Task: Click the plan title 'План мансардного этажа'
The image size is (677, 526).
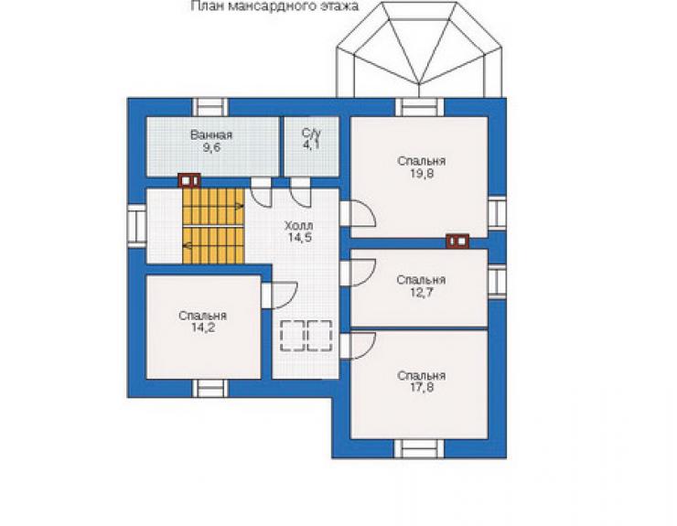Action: [x=274, y=6]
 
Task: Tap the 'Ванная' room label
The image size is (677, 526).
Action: [x=211, y=135]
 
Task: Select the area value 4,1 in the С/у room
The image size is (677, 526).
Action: [x=311, y=145]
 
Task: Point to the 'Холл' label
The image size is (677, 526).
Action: [x=299, y=225]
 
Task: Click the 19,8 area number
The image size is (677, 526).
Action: [x=422, y=174]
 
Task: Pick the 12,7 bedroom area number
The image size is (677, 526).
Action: [x=422, y=293]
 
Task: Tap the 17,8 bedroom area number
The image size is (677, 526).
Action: [x=422, y=387]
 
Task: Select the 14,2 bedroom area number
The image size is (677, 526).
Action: [x=203, y=327]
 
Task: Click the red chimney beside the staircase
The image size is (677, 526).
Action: [x=189, y=180]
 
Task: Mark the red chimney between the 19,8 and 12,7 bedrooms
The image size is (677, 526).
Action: [x=457, y=242]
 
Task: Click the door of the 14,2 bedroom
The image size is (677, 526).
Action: [x=279, y=295]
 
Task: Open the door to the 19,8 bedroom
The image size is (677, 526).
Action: [x=358, y=213]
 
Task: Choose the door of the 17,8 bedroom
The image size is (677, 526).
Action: [x=358, y=346]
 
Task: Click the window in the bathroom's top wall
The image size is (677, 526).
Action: [x=210, y=107]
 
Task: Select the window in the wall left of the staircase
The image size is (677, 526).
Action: [x=137, y=225]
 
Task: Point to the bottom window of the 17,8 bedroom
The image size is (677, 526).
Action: [x=419, y=448]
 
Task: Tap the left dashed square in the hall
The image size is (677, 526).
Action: [x=293, y=336]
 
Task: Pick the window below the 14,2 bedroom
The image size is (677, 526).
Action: [x=210, y=388]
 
